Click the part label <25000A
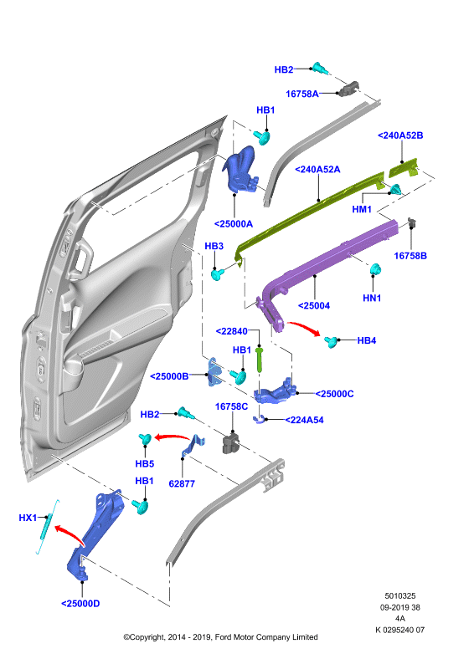pyautogui.click(x=233, y=224)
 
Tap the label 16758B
pyautogui.click(x=410, y=256)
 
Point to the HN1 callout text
pyautogui.click(x=372, y=298)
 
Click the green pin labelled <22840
pyautogui.click(x=260, y=360)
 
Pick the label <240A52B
pyautogui.click(x=400, y=135)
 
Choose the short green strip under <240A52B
pyautogui.click(x=404, y=168)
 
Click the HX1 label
pyautogui.click(x=28, y=518)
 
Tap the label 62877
pyautogui.click(x=182, y=484)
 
